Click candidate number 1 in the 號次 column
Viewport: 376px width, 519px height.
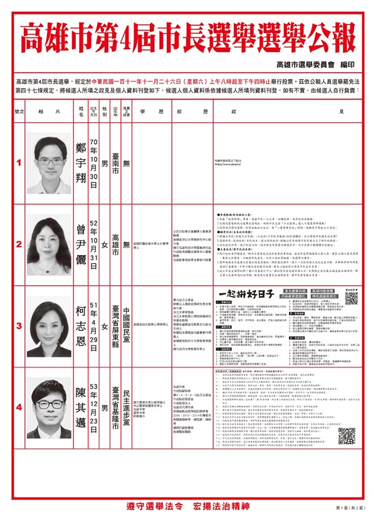19,163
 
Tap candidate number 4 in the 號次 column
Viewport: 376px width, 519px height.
19,389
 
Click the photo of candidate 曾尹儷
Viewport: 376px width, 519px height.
50,241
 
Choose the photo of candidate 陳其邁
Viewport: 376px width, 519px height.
50,399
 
